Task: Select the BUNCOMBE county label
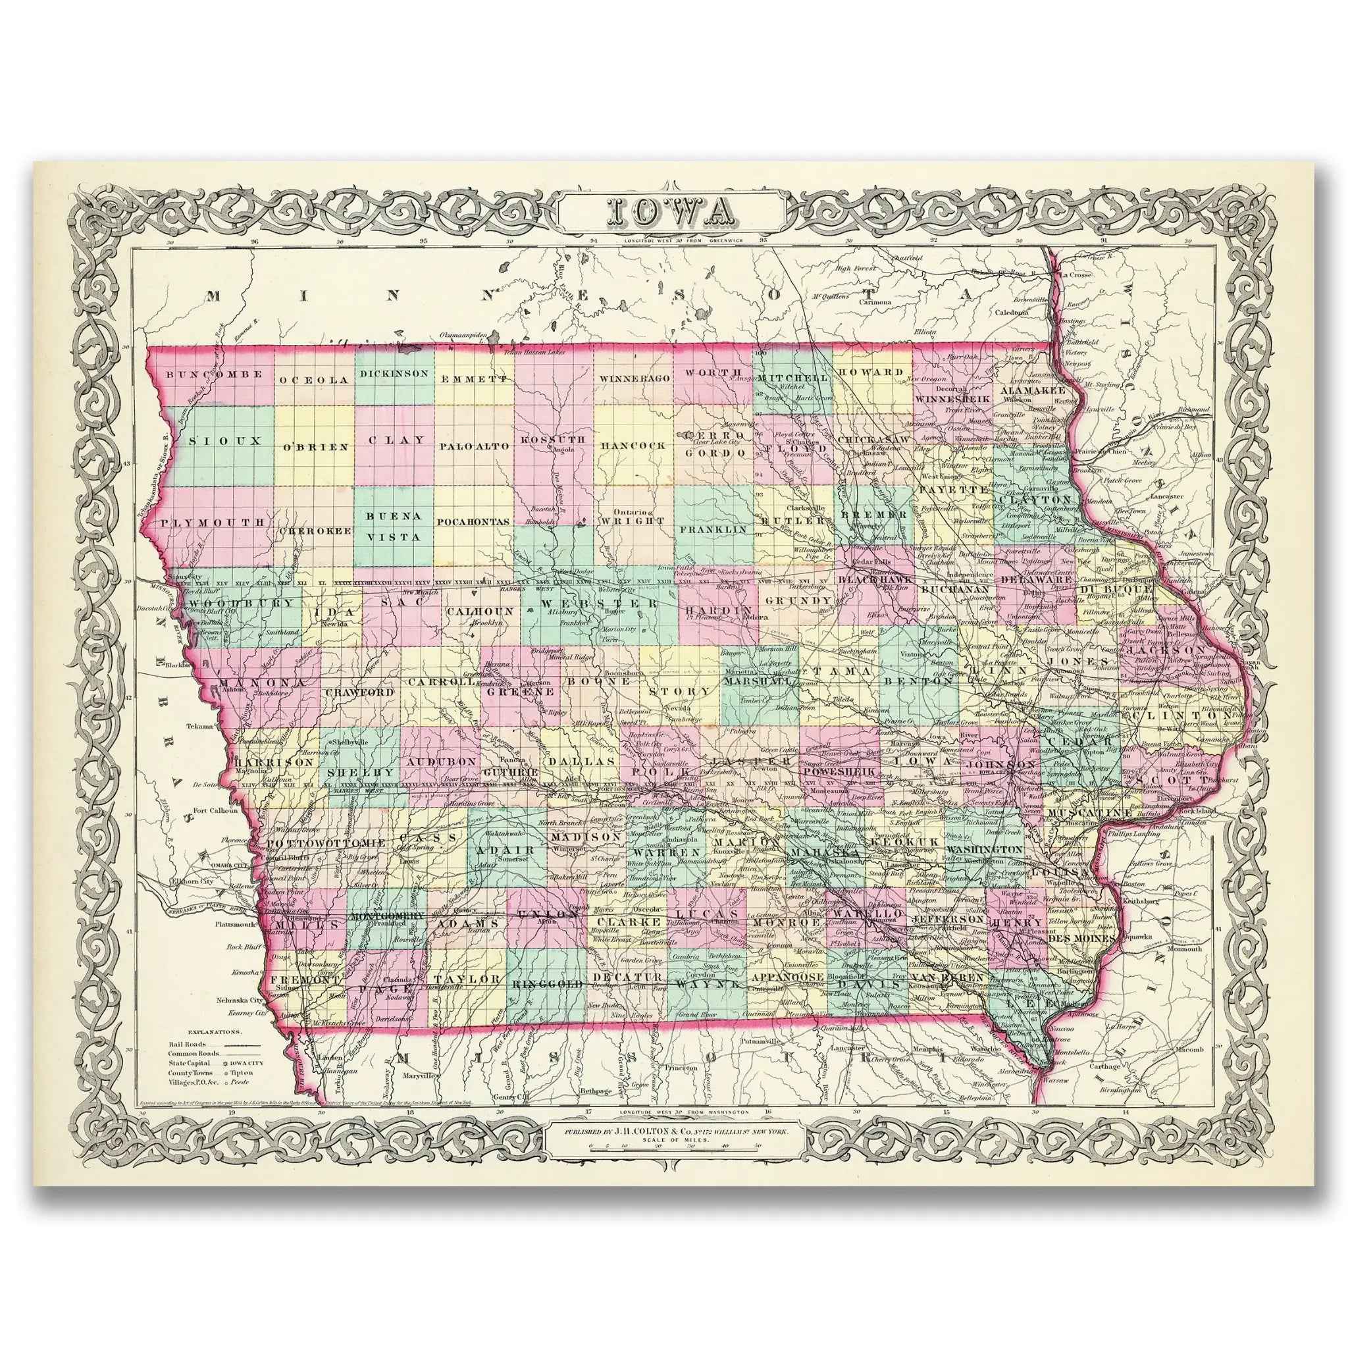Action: (x=215, y=374)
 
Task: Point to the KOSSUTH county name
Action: (x=553, y=440)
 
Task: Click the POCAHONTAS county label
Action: (x=475, y=521)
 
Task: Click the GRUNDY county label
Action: (x=798, y=600)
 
